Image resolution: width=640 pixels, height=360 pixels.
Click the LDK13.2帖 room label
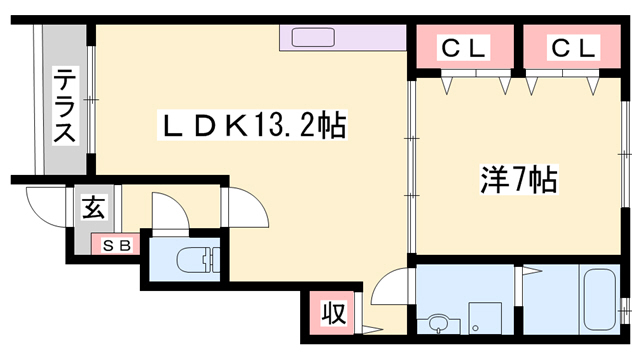click(x=253, y=125)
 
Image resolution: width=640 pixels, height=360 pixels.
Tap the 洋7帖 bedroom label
click(x=519, y=180)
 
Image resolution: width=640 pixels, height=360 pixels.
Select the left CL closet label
click(x=463, y=47)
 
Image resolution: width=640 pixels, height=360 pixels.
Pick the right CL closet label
click(x=573, y=47)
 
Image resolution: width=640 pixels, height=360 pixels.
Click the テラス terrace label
click(x=64, y=105)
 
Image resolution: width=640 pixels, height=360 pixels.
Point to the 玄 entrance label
click(x=93, y=207)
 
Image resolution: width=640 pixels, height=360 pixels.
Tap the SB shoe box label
click(x=117, y=246)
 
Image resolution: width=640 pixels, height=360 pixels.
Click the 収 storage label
click(x=334, y=313)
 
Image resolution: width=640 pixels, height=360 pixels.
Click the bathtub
click(x=600, y=299)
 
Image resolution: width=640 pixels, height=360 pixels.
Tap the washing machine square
click(x=485, y=318)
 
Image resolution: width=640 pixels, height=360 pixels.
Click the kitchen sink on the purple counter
click(x=313, y=38)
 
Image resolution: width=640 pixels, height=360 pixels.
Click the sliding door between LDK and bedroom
click(x=412, y=166)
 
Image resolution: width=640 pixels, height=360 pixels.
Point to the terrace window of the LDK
click(x=91, y=100)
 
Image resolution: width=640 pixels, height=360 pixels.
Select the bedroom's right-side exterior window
click(x=624, y=154)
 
